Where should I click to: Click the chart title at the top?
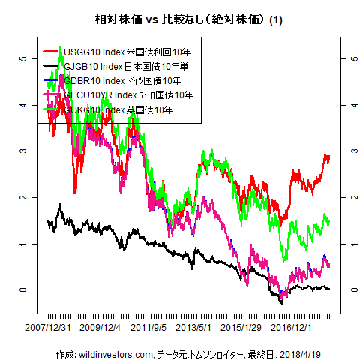179,18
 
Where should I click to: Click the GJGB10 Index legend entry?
126,67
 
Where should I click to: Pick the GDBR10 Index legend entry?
122,81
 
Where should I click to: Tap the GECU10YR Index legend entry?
128,95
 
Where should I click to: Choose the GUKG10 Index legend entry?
118,109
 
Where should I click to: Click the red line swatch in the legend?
52,52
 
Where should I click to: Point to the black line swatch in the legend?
52,67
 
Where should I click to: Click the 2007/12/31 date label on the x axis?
48,328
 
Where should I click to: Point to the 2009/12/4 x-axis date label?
100,328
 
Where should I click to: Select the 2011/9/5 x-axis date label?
148,328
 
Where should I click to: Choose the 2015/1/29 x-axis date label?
242,328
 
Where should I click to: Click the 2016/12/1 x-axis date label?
292,328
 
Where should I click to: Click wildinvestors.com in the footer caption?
118,353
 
